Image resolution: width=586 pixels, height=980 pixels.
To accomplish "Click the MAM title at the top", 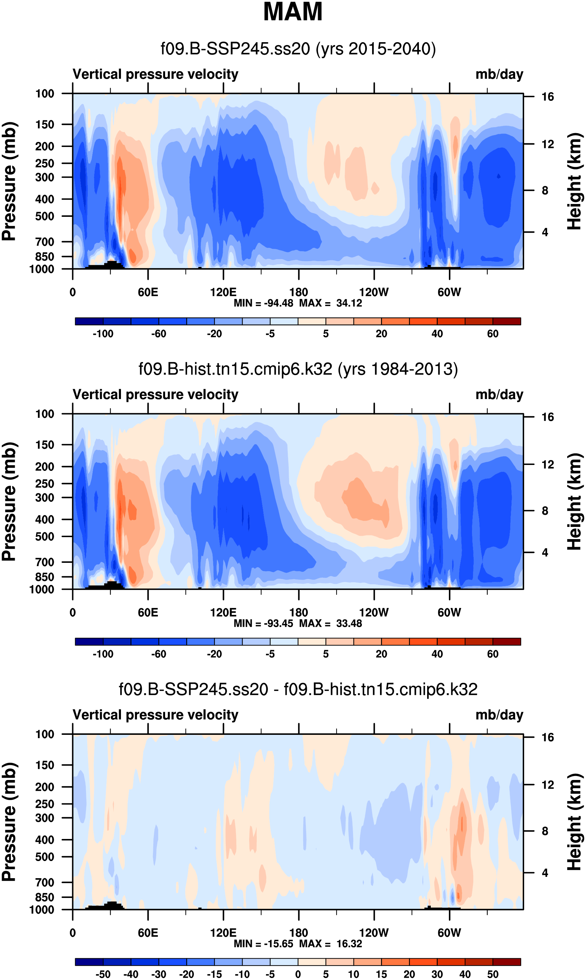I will (293, 12).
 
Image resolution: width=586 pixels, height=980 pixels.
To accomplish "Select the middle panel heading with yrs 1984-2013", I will (298, 369).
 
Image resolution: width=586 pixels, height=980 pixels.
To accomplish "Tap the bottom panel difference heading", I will (298, 689).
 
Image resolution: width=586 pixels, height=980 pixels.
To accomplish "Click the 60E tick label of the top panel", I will (148, 293).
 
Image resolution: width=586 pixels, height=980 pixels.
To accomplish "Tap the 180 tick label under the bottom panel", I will (299, 933).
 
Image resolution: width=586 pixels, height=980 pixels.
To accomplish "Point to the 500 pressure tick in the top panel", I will (44, 216).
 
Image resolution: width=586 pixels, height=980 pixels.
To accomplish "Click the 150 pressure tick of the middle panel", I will (44, 445).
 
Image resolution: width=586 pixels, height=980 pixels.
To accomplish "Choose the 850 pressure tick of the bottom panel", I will (44, 897).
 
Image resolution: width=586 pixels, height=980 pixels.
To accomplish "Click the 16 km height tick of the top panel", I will (547, 97).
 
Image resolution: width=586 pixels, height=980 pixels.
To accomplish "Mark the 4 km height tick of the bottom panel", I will (545, 873).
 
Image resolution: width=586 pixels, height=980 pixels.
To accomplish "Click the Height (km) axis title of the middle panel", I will (574, 501).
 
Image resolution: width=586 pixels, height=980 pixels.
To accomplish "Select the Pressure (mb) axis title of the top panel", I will (9, 181).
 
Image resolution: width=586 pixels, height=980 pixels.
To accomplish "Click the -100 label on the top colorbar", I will (103, 334).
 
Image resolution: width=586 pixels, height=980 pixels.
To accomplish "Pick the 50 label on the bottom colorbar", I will (492, 974).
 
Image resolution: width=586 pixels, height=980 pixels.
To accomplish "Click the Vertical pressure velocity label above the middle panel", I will (156, 395).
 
